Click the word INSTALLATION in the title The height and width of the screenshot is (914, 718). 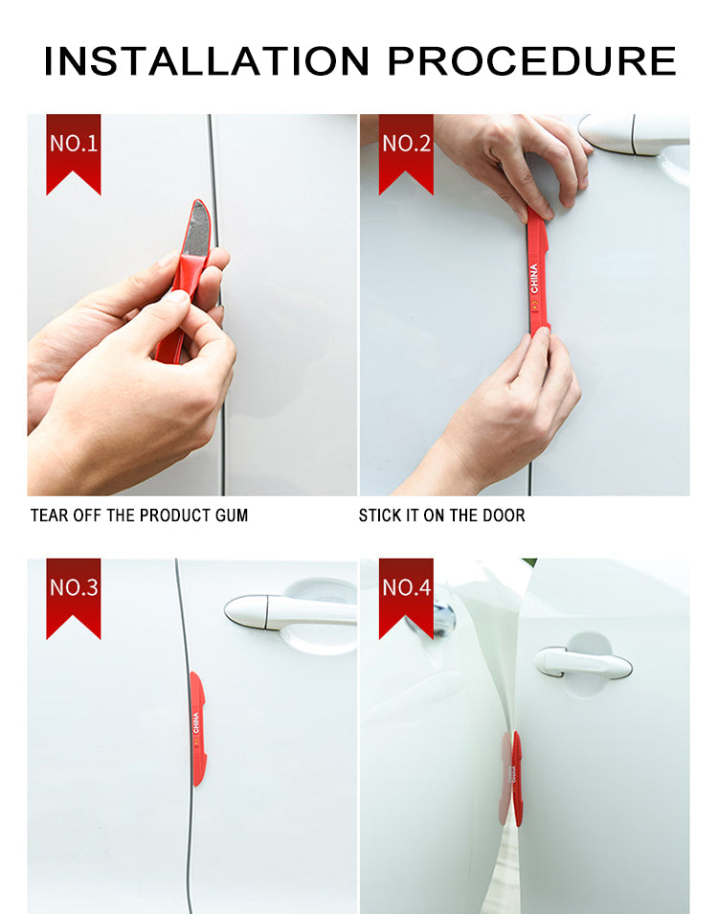point(207,60)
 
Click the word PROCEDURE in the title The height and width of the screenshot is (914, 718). point(531,60)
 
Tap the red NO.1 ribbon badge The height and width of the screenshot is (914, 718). point(74,154)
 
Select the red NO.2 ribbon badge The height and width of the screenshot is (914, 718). point(406,154)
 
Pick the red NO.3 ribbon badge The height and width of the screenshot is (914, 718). point(74,598)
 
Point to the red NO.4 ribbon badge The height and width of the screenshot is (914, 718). point(406,598)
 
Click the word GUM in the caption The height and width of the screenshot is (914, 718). point(232,515)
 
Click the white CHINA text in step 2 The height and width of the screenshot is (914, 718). point(534,278)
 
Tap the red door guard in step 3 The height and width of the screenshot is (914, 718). point(197,729)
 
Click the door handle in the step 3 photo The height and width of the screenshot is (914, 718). point(289,612)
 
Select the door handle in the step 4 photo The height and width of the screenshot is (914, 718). point(582,662)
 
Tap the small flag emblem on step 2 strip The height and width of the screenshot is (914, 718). point(534,304)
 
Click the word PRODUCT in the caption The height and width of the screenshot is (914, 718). point(176,515)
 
